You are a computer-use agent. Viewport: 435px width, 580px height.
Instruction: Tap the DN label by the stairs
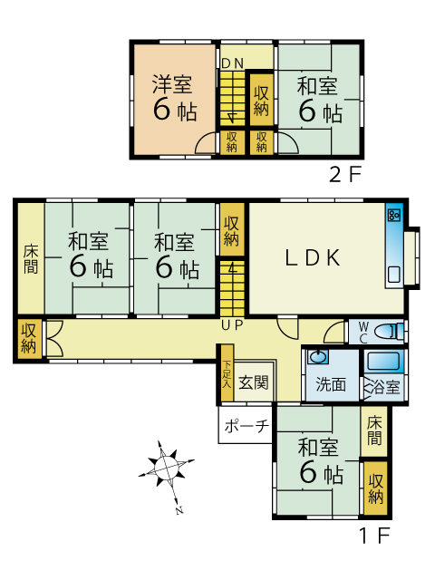(x=232, y=63)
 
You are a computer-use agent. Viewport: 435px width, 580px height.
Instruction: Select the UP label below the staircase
(x=232, y=324)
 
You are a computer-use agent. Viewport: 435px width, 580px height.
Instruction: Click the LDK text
(x=313, y=257)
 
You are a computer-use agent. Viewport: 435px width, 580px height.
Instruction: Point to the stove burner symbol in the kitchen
(x=393, y=215)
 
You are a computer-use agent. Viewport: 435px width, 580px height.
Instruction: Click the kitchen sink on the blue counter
(x=393, y=275)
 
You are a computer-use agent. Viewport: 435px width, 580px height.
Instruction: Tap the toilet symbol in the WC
(x=388, y=331)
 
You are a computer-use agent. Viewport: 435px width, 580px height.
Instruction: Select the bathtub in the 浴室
(x=384, y=362)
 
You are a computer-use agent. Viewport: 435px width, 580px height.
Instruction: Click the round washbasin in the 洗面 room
(x=318, y=357)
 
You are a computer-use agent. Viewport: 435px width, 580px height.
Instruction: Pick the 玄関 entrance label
(x=254, y=382)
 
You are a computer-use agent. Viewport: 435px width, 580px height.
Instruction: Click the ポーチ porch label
(x=246, y=426)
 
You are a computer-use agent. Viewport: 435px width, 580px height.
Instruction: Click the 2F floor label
(x=344, y=174)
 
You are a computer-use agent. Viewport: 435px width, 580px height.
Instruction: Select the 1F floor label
(x=375, y=535)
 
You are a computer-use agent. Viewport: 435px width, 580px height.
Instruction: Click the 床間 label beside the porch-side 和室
(x=374, y=431)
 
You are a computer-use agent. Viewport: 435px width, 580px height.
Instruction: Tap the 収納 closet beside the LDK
(x=232, y=230)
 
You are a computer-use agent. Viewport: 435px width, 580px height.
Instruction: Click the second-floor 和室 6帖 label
(x=319, y=100)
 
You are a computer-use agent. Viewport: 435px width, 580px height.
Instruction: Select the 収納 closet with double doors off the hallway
(x=28, y=338)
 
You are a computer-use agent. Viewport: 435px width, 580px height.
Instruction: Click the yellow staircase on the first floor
(x=232, y=288)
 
